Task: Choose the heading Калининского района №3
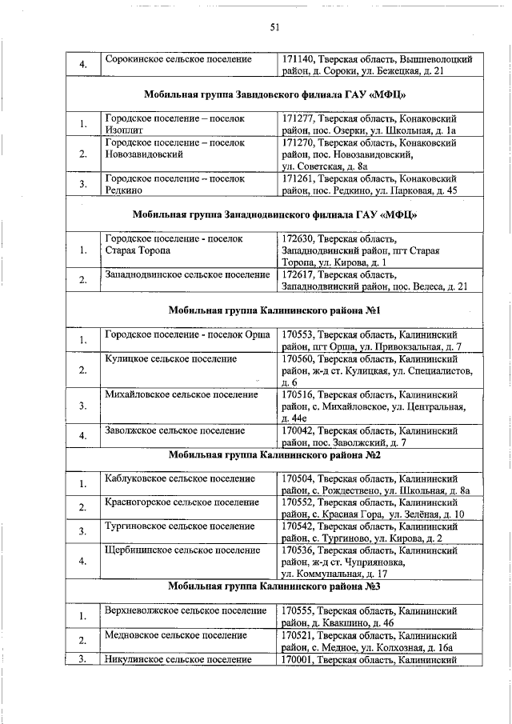pyautogui.click(x=274, y=586)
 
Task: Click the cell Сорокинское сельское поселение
pyautogui.click(x=178, y=59)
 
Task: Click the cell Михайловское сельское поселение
pyautogui.click(x=182, y=394)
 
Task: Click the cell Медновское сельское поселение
pyautogui.click(x=175, y=634)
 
